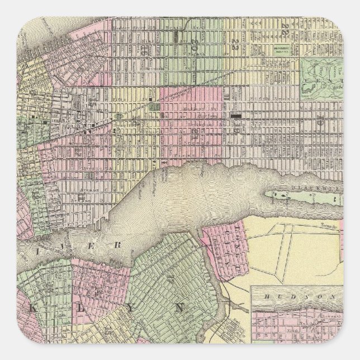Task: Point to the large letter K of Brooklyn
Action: click(27, 308)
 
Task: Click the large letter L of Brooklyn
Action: click(63, 308)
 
